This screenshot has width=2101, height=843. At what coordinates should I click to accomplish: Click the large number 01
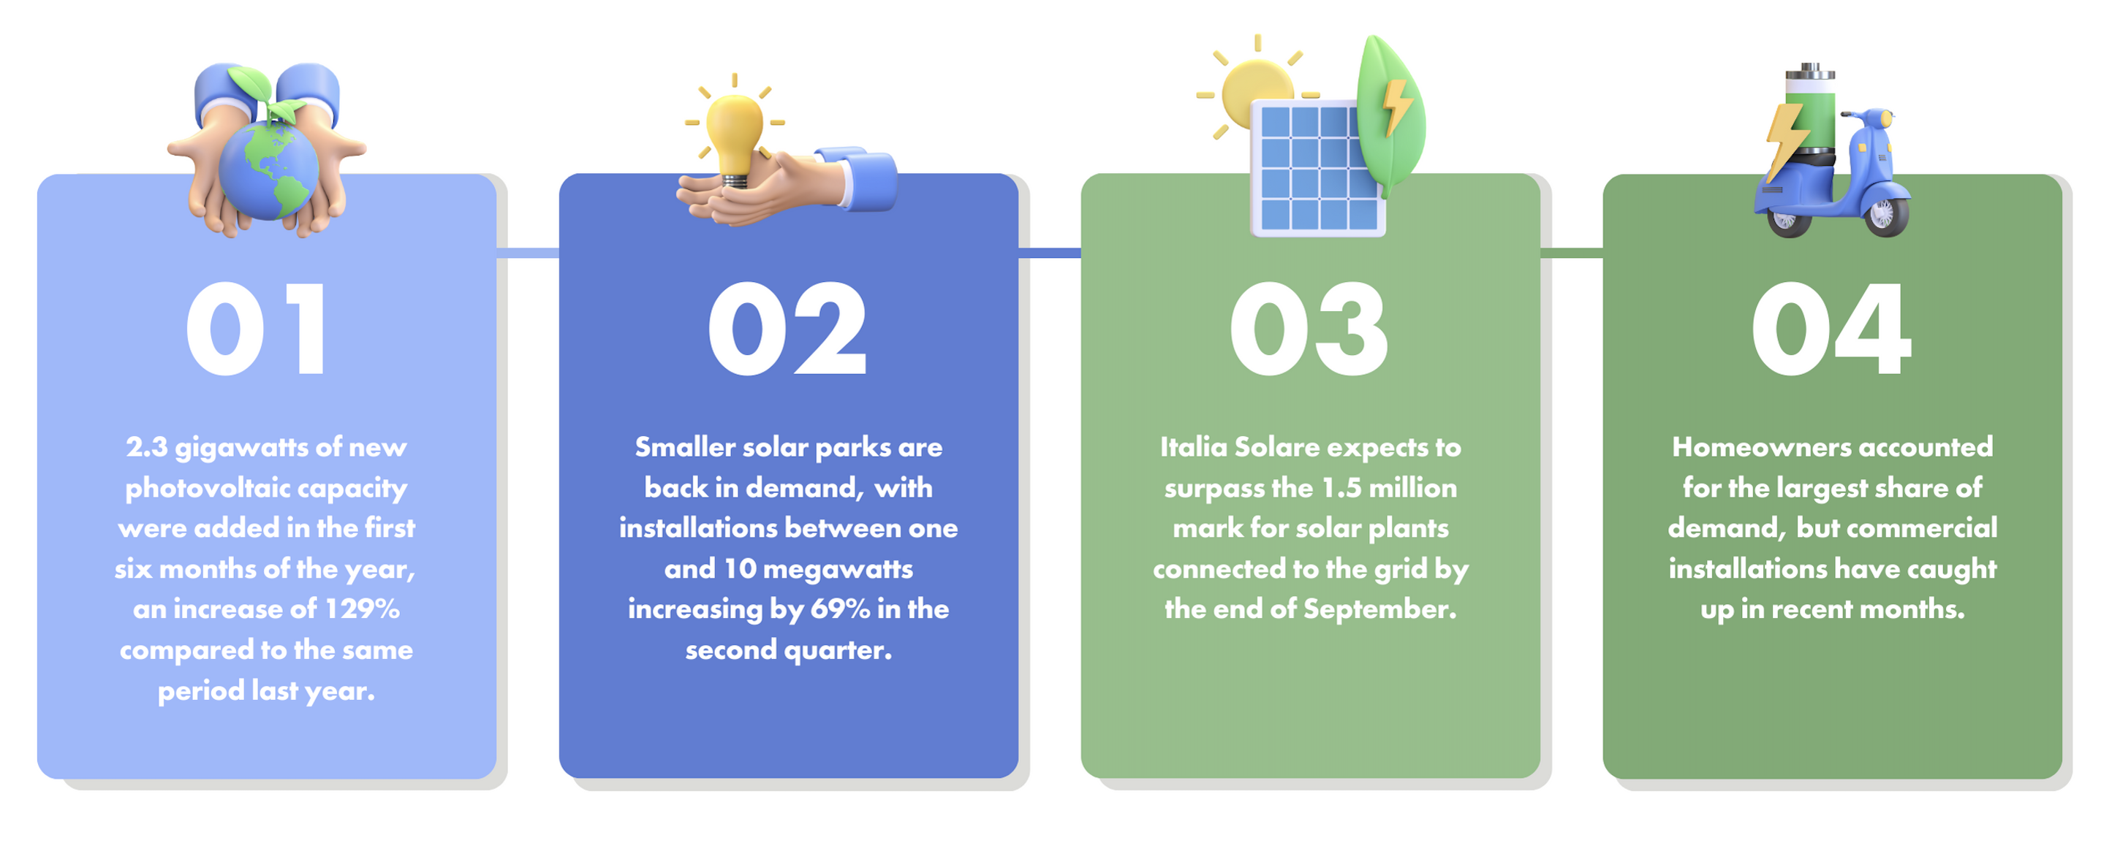256,329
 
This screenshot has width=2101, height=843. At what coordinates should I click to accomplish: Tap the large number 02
787,329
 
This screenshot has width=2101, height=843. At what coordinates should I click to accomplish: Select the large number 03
1309,329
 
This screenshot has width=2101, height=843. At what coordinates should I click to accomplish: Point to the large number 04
1831,329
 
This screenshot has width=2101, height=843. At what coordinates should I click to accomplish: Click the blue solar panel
1318,169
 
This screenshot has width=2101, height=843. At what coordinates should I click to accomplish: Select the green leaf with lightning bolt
1390,114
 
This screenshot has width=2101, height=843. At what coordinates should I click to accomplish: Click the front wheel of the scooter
1884,215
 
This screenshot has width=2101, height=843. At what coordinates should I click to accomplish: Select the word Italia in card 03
1193,447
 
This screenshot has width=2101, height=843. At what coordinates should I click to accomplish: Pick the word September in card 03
1379,610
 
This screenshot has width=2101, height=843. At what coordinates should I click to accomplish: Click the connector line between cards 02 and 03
1050,253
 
